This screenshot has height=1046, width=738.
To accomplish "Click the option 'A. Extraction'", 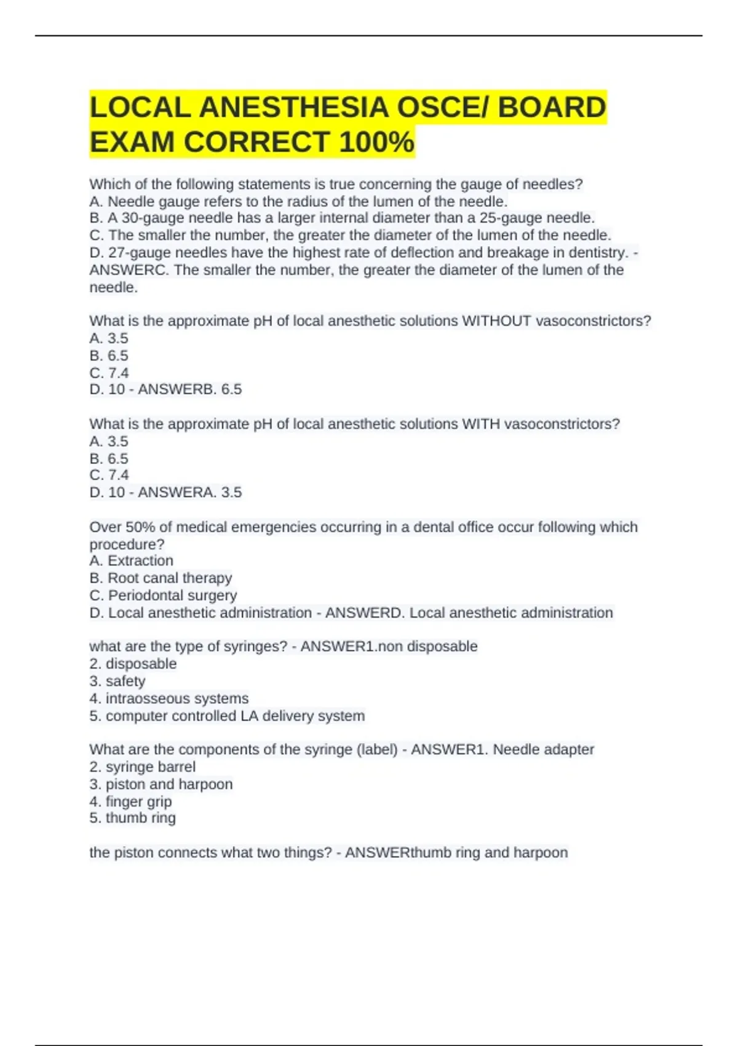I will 131,561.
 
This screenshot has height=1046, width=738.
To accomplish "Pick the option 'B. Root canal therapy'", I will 161,578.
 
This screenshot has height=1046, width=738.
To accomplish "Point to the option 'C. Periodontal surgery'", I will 163,595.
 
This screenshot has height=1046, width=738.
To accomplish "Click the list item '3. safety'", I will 117,681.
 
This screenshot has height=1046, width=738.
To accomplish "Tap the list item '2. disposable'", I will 133,664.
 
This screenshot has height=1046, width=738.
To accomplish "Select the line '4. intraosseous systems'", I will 169,698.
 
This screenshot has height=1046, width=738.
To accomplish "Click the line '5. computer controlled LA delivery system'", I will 227,716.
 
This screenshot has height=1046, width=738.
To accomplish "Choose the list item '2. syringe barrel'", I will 142,767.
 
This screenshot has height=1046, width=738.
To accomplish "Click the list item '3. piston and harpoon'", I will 161,784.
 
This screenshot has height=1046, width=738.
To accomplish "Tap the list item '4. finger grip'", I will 130,801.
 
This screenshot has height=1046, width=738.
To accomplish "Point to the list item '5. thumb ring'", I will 132,818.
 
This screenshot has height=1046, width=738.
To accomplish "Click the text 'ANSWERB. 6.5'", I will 189,389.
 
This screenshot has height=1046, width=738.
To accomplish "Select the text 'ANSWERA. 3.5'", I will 189,492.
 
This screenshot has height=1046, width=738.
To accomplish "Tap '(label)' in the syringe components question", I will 377,749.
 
